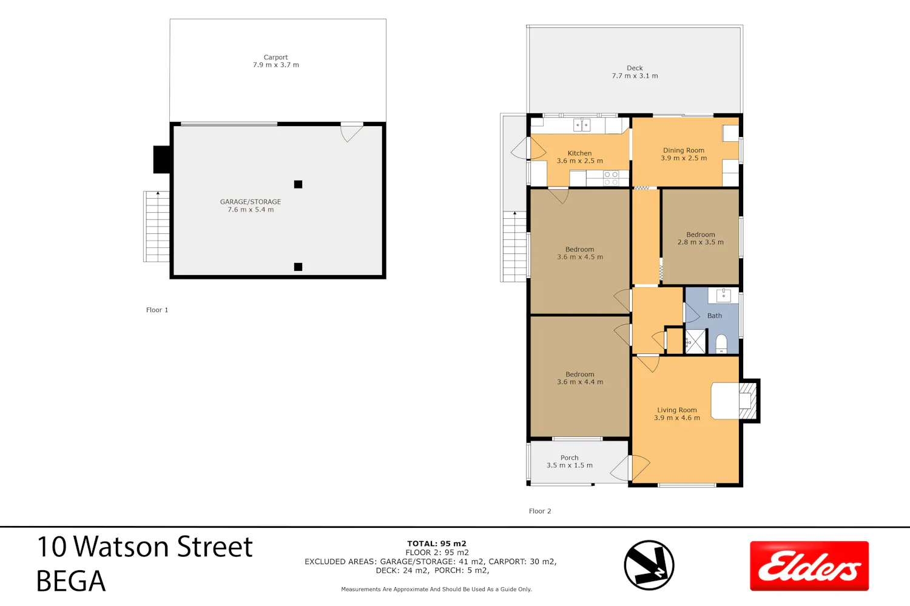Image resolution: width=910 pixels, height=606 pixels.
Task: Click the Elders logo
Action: [x=809, y=565]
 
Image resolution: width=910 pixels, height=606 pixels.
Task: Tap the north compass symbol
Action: [x=649, y=565]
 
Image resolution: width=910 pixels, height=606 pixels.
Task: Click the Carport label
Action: [x=276, y=57]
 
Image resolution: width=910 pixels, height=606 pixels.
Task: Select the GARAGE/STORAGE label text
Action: [x=251, y=202]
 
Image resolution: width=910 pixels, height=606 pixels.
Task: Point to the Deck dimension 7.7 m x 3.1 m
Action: [x=635, y=76]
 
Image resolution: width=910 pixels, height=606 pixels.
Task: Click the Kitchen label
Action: [x=580, y=153]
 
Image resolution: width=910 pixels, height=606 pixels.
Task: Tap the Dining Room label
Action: [x=684, y=150]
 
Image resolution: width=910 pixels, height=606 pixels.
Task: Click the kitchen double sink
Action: [x=582, y=125]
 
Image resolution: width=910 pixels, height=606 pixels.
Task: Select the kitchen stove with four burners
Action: [x=611, y=178]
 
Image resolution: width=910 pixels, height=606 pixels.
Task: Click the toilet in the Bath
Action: [x=721, y=344]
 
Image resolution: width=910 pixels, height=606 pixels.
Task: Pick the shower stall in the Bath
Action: [x=696, y=342]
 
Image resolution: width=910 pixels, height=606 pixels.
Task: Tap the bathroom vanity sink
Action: [x=723, y=296]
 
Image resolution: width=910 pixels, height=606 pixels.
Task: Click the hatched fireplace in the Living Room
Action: [x=748, y=401]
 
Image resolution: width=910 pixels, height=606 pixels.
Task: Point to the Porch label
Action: [x=570, y=458]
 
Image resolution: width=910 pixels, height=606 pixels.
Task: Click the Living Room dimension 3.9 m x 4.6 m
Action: [x=677, y=418]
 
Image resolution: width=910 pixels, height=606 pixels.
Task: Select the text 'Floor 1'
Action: [x=157, y=310]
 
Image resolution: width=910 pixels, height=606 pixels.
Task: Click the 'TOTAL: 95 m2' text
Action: [x=437, y=544]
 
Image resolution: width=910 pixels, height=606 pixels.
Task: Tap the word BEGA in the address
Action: [x=71, y=581]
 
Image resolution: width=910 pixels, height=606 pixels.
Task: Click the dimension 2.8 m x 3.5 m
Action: [x=700, y=242]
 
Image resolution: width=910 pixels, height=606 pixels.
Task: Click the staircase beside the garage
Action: [x=157, y=227]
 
